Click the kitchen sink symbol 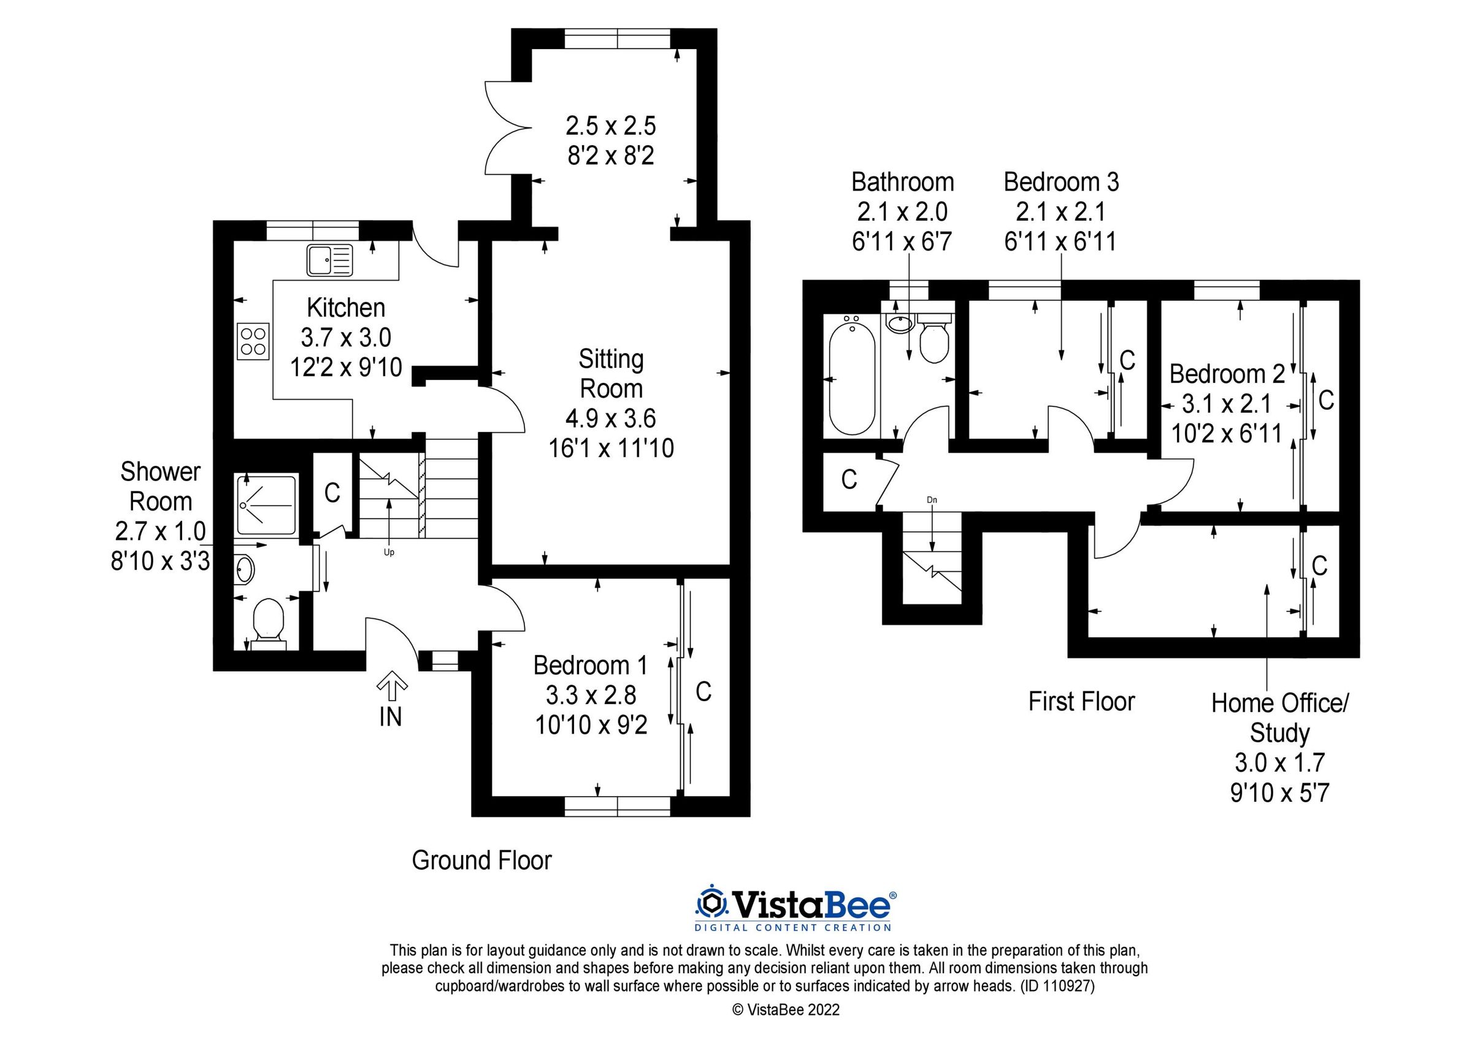pyautogui.click(x=329, y=260)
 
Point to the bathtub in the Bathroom pyautogui.click(x=852, y=378)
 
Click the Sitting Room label pyautogui.click(x=611, y=374)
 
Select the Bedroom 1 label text pyautogui.click(x=590, y=666)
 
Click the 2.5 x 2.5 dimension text pyautogui.click(x=610, y=126)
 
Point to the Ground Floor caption pyautogui.click(x=481, y=860)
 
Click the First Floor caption pyautogui.click(x=1081, y=701)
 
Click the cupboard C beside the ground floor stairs pyautogui.click(x=331, y=492)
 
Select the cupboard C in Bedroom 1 pyautogui.click(x=703, y=691)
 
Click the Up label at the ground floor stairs pyautogui.click(x=388, y=552)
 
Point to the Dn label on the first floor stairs pyautogui.click(x=932, y=499)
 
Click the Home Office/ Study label pyautogui.click(x=1279, y=718)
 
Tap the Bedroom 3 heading pyautogui.click(x=1061, y=182)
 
